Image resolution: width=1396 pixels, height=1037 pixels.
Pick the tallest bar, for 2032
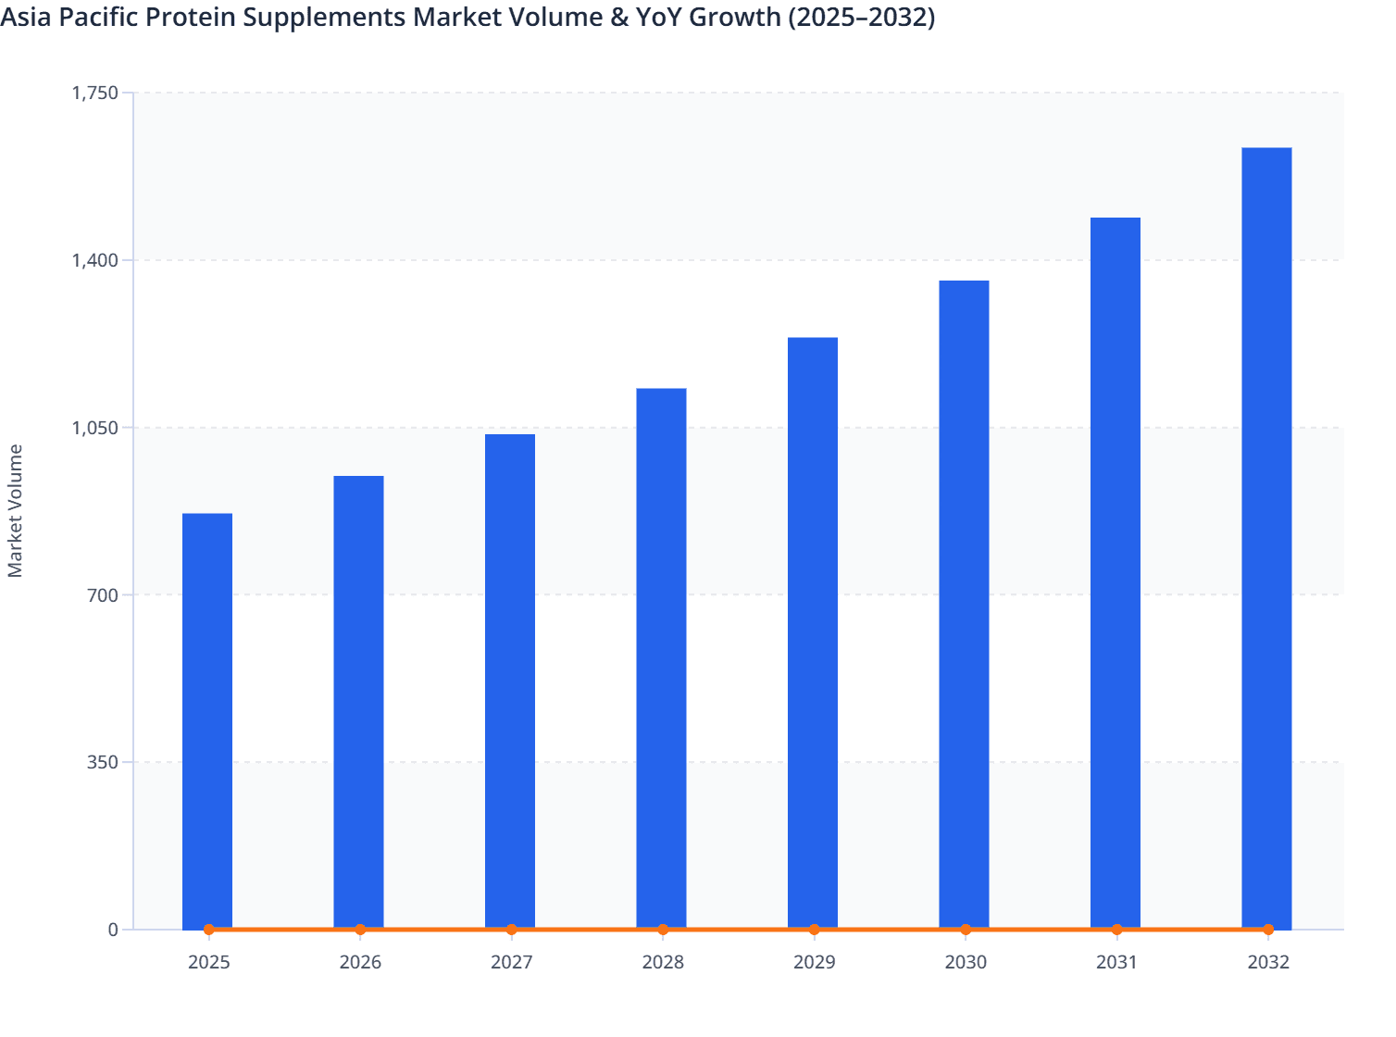[x=1266, y=537]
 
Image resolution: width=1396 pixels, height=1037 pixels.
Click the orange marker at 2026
[x=360, y=929]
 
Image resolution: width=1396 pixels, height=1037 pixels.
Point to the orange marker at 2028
[x=663, y=929]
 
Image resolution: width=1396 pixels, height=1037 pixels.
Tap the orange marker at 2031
[x=1116, y=929]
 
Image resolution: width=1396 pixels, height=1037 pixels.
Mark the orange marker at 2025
[x=208, y=929]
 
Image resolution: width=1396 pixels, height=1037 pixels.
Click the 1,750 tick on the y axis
[x=95, y=93]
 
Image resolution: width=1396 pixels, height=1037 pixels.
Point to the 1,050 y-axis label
[x=95, y=428]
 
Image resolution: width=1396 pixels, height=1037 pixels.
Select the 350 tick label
[x=104, y=762]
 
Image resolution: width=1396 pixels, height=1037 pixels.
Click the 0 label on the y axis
[x=113, y=930]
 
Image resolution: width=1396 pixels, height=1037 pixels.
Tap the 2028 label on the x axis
[x=663, y=962]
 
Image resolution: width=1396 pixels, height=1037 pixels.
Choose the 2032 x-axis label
[x=1268, y=962]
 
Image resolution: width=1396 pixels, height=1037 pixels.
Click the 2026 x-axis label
[x=360, y=962]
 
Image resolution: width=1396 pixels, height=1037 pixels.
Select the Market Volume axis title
[x=16, y=511]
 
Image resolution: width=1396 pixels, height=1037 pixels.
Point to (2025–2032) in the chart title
[x=861, y=17]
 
